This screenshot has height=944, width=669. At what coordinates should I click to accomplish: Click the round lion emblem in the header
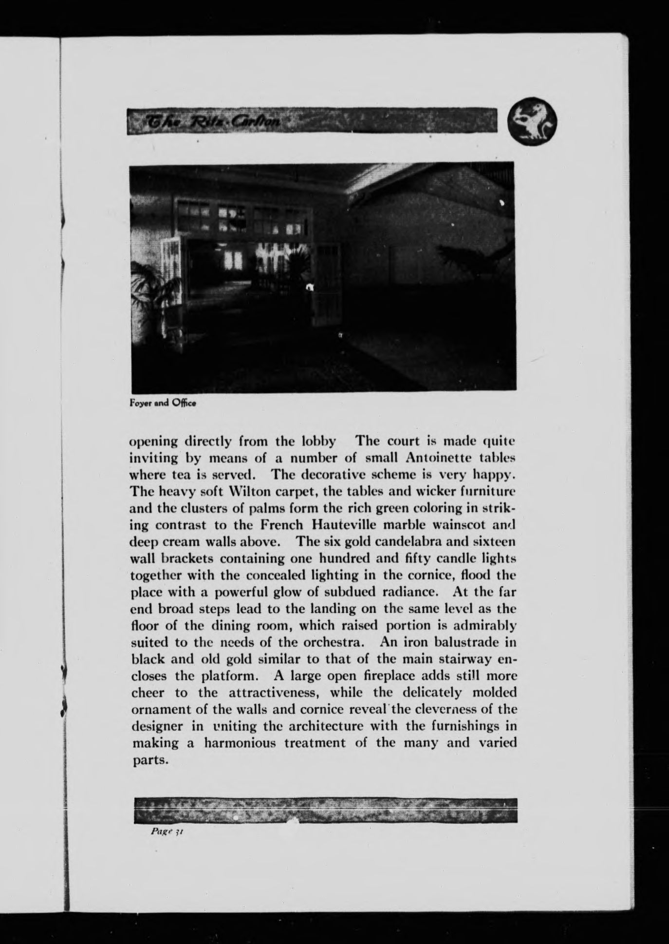click(532, 121)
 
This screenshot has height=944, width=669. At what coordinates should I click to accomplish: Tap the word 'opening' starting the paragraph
click(153, 442)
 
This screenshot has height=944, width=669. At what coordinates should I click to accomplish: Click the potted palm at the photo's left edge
click(149, 292)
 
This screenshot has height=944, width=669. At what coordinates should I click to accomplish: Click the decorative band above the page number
click(325, 810)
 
